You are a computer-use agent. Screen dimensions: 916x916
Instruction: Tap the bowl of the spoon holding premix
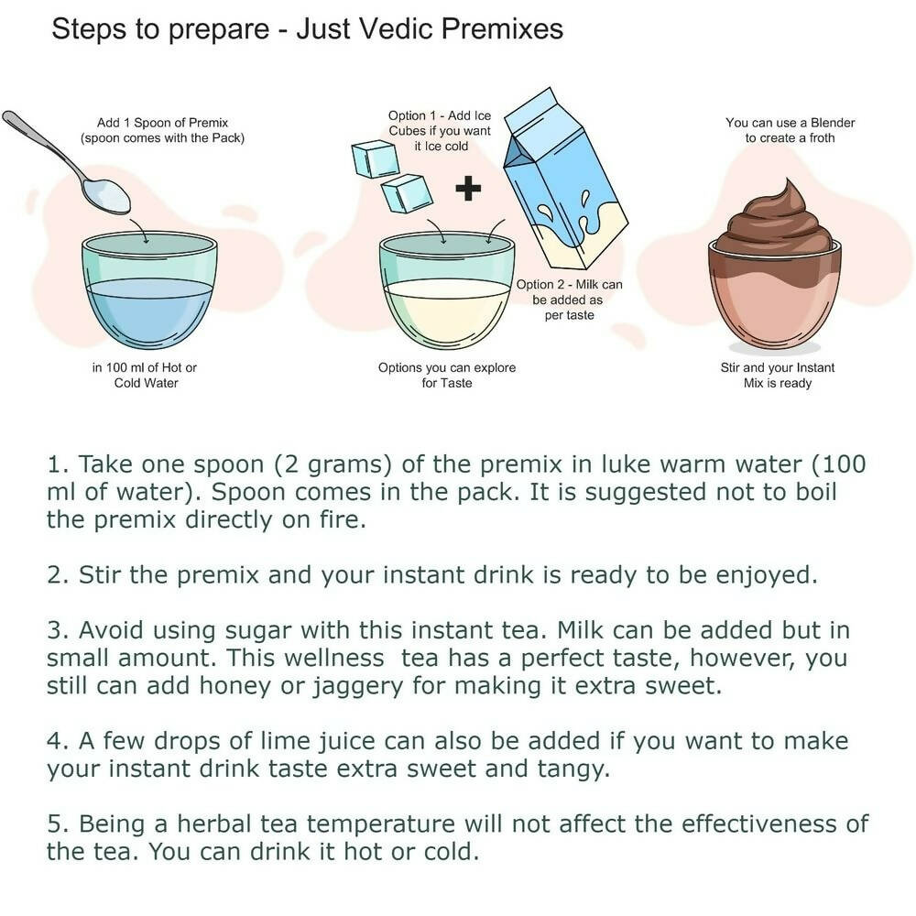coord(107,196)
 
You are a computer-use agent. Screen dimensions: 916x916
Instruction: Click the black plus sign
coord(468,188)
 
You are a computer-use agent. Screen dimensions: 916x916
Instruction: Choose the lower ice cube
coord(407,193)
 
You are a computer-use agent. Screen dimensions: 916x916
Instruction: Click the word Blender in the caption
coord(833,123)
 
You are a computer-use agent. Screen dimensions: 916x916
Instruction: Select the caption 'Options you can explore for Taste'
coord(447,375)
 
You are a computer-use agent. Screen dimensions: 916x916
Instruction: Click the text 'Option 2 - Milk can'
coord(569,285)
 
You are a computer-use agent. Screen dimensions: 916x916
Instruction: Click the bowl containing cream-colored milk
coord(448,290)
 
